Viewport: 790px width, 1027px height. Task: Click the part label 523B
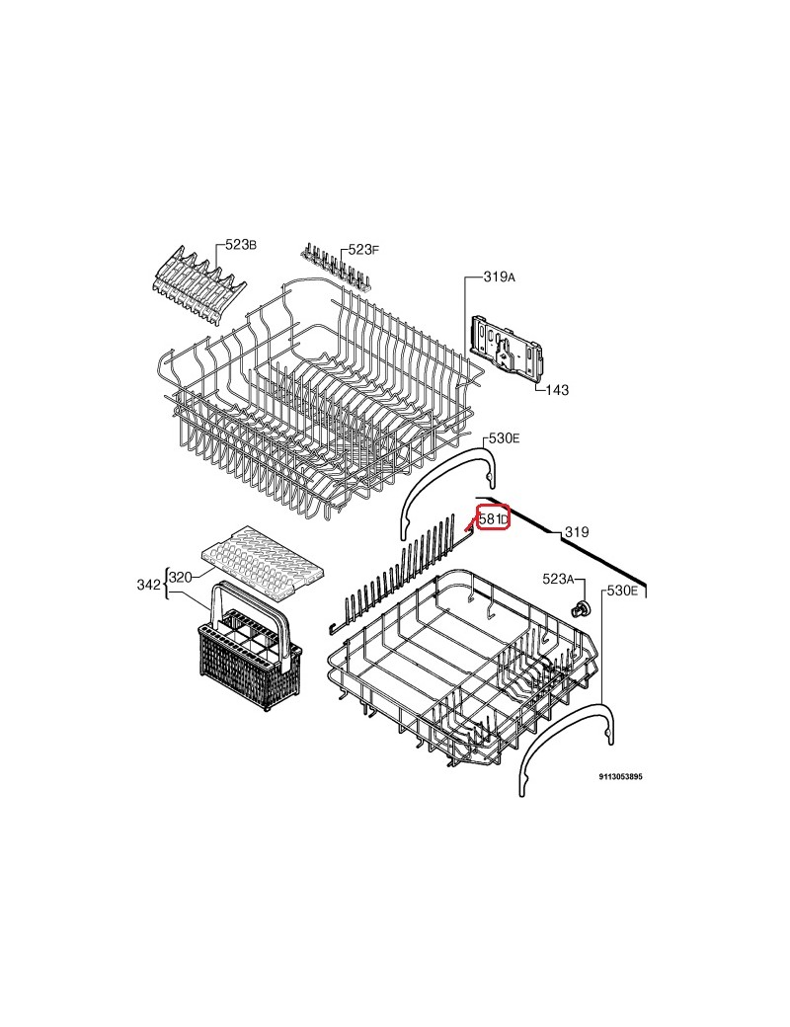pos(240,245)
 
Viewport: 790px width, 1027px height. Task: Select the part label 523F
pos(363,250)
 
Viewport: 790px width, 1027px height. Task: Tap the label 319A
pos(499,277)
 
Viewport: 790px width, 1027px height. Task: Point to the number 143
pos(557,390)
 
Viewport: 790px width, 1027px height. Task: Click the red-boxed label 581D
pos(494,518)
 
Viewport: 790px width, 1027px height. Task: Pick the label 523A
pos(558,579)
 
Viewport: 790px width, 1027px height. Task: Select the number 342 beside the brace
pos(148,585)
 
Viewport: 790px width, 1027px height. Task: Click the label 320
pos(180,577)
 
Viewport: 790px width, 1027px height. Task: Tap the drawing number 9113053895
pos(620,777)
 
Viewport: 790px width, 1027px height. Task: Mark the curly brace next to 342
pos(166,585)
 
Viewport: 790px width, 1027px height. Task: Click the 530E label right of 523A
pos(622,591)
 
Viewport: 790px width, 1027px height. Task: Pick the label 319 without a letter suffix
pos(576,532)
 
